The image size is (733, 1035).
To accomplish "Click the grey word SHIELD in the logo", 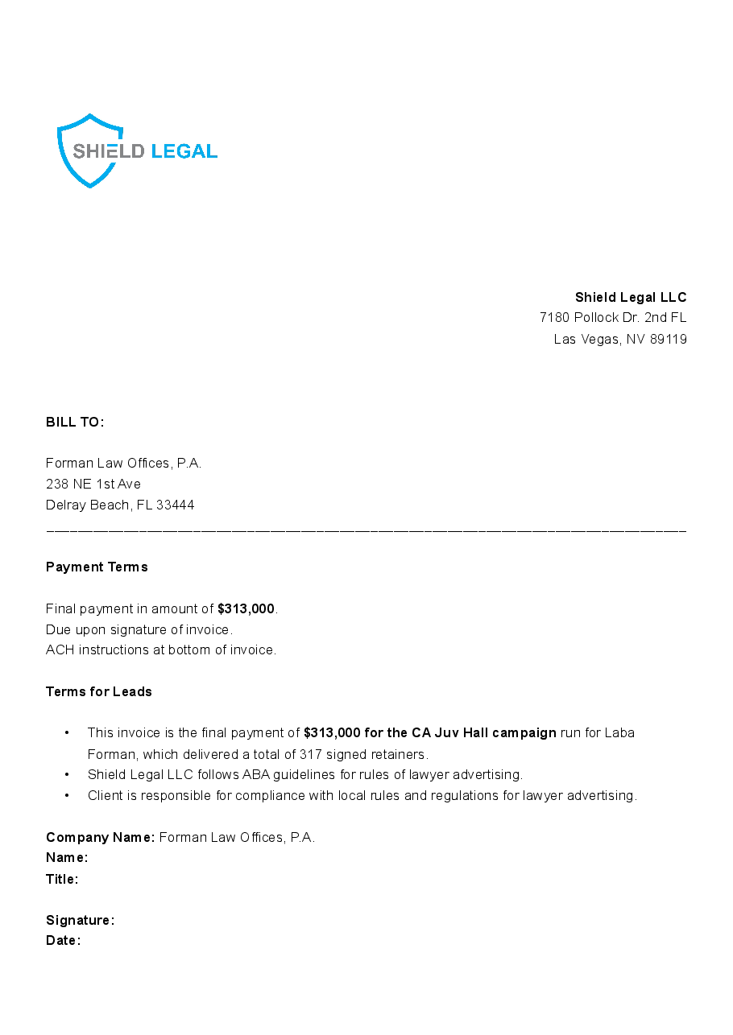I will tap(109, 151).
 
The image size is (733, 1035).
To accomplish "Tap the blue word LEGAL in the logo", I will tap(184, 151).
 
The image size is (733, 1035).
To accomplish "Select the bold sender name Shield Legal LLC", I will tap(631, 297).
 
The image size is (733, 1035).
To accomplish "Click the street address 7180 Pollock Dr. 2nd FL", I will tap(613, 318).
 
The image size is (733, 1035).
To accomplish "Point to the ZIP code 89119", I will tap(669, 340).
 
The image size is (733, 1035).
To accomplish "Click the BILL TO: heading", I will tap(75, 422).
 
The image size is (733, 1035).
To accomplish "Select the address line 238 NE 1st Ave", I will tap(93, 484).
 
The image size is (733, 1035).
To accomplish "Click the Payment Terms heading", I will tap(97, 567).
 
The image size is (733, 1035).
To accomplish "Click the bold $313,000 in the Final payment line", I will tap(246, 609).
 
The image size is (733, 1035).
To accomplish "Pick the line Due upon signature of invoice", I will tap(139, 629).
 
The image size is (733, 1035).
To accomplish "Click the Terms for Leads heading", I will tap(99, 691).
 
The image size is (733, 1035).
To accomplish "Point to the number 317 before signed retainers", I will tap(310, 755).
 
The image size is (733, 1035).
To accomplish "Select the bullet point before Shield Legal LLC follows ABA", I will tap(68, 775).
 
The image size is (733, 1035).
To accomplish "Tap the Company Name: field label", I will tap(101, 837).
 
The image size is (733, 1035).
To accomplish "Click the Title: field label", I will tap(62, 879).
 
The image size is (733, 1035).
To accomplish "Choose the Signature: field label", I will tap(81, 920).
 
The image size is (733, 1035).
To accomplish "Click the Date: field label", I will tap(64, 940).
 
